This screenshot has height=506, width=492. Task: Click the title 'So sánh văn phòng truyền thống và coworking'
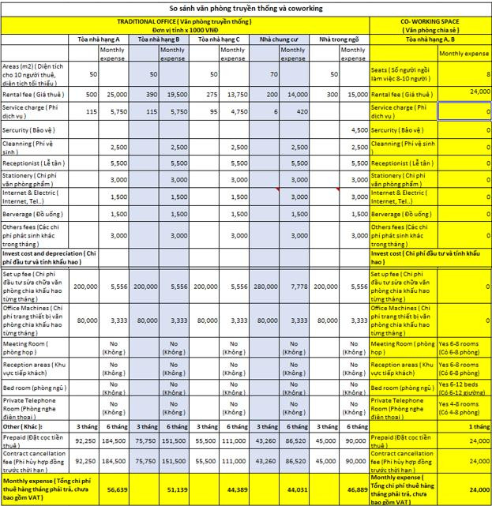[246, 8]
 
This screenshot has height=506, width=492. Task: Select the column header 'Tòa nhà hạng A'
[99, 38]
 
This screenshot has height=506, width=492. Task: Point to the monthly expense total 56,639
[117, 489]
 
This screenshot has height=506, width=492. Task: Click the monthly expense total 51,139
[177, 489]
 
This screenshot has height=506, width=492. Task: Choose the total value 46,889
[355, 489]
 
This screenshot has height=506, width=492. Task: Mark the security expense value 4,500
[358, 129]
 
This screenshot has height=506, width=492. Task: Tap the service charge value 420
[300, 112]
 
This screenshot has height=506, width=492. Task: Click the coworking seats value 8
[487, 73]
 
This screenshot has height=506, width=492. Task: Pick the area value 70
[273, 73]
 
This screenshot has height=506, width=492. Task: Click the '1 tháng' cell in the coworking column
[479, 426]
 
